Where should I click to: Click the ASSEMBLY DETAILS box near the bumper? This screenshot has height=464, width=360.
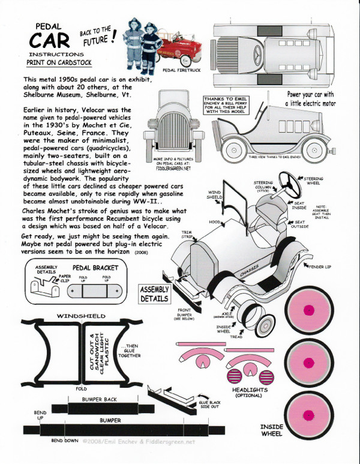point(155,293)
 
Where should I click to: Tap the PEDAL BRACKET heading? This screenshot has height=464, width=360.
point(95,267)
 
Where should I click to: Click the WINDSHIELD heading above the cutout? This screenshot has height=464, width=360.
point(81,316)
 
